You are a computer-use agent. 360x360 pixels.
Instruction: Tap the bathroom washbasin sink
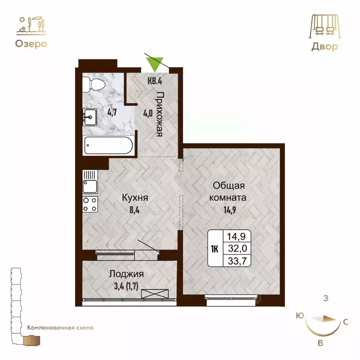(90, 115)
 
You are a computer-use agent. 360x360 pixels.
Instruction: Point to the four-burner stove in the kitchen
(90, 204)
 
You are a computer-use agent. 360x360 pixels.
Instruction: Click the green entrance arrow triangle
(155, 63)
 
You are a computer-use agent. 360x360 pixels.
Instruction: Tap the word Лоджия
(126, 274)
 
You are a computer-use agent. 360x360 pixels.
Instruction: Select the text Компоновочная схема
(60, 328)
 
